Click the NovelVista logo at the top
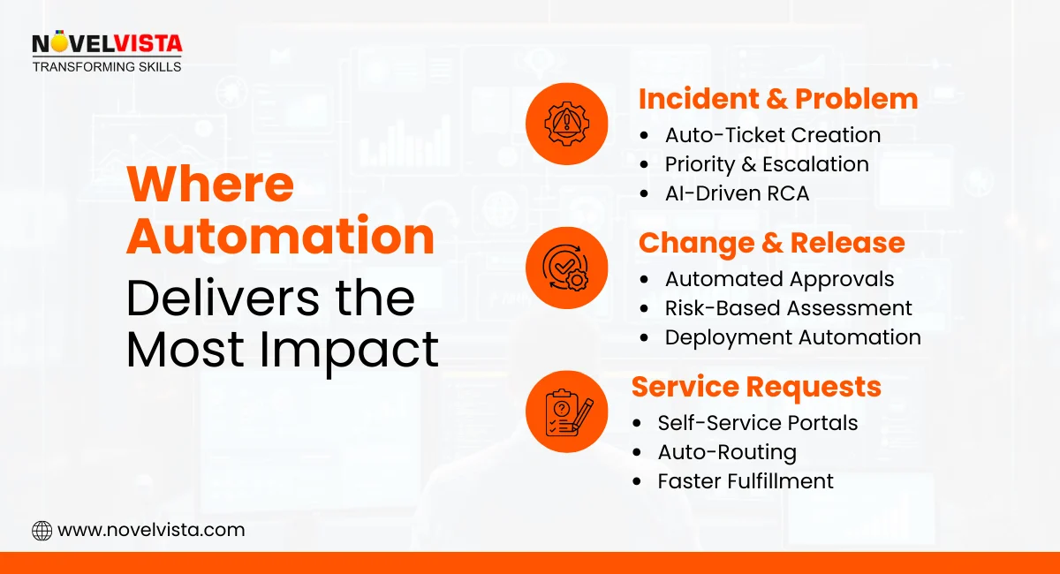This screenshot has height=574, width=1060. click(107, 52)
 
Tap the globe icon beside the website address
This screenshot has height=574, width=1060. click(42, 530)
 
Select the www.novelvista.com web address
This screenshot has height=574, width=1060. click(151, 530)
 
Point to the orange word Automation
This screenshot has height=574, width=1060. click(280, 238)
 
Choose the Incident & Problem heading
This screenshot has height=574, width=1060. click(777, 99)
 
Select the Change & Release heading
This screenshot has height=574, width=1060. click(771, 243)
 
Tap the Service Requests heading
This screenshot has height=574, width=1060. click(756, 387)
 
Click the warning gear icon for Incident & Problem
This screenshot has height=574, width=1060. click(566, 123)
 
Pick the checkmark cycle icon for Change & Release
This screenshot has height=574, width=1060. click(566, 267)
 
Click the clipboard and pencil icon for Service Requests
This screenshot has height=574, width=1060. click(566, 411)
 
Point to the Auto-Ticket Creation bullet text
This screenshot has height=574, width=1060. click(772, 135)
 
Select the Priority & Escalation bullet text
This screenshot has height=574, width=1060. click(766, 164)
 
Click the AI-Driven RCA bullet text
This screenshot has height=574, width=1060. click(737, 193)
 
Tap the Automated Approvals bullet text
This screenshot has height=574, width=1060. click(779, 279)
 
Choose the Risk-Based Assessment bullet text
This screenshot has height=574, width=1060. click(788, 308)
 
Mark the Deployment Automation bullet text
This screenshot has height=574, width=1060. click(792, 337)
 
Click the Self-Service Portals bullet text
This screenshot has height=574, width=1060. click(757, 423)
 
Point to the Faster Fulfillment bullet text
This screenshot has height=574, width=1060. click(745, 481)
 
